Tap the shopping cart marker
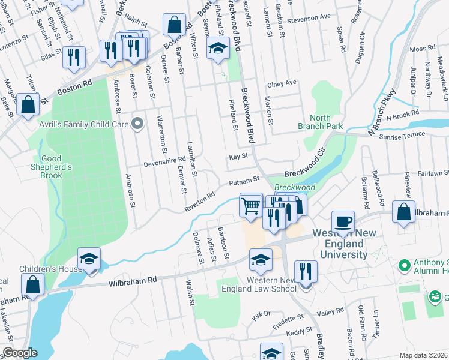tap(251, 206)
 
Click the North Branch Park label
tap(321, 122)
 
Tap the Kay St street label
tap(238, 156)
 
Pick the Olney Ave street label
tap(282, 83)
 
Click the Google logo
tap(20, 353)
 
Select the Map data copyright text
tap(423, 355)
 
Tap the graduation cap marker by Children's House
tap(89, 259)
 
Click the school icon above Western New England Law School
tap(261, 260)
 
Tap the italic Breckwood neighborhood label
tap(295, 188)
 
